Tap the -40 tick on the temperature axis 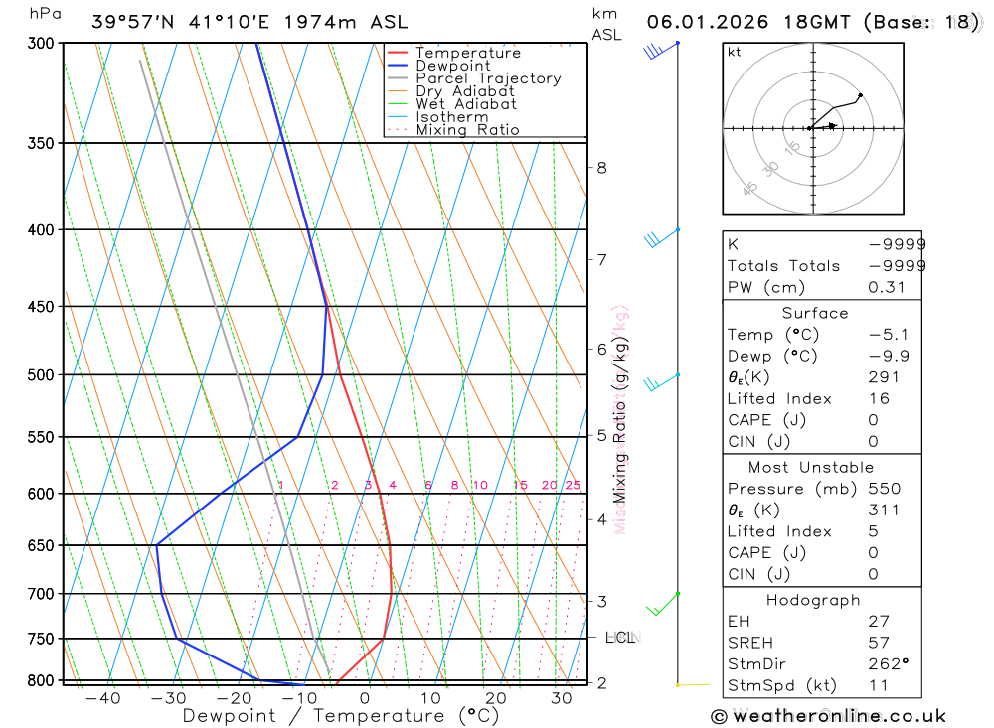pos(102,698)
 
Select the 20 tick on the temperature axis pos(495,698)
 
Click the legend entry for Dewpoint pos(452,66)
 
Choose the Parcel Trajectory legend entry pos(488,78)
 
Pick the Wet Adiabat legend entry pos(466,104)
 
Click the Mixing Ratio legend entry pos(467,130)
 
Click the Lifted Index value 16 pos(879,399)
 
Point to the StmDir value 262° pos(886,664)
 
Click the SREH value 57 pos(879,643)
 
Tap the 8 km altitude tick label pos(601,167)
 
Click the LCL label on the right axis pos(620,637)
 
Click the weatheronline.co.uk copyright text pos(828,716)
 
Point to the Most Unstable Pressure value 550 pos(884,489)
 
